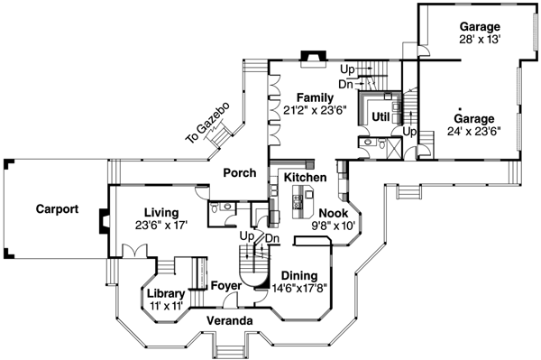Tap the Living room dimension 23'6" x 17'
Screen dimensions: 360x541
coord(161,225)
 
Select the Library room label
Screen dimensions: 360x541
coord(166,295)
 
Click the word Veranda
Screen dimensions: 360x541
coord(229,320)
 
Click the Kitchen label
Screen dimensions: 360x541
coord(305,179)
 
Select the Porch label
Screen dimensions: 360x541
coord(240,172)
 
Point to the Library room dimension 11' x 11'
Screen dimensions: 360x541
coord(166,307)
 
